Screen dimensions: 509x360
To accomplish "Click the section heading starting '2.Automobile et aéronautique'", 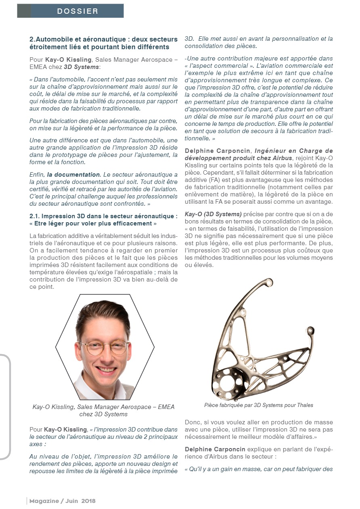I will click(103, 43).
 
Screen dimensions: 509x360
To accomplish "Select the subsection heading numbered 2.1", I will click(103, 219).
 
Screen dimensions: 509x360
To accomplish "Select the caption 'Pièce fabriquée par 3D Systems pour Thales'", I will click(259, 405).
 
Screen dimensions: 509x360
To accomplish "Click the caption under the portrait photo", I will click(103, 411).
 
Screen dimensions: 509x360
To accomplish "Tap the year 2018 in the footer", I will click(88, 501).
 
